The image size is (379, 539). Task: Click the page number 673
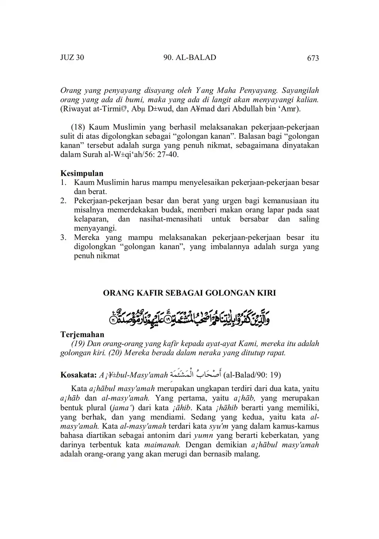tap(313, 58)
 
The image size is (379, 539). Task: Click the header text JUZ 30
tap(72, 58)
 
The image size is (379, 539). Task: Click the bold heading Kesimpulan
tap(82, 173)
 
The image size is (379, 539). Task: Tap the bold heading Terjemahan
tap(82, 334)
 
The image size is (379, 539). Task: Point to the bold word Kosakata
tap(78, 375)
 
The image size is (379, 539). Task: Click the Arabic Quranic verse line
tap(190, 316)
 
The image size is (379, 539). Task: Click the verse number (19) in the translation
tap(79, 343)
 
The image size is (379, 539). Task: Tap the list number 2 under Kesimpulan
tap(64, 201)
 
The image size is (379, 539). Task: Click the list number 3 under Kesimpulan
tap(64, 237)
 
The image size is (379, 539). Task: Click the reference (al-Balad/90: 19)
tap(252, 375)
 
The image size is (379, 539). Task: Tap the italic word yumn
tap(203, 436)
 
